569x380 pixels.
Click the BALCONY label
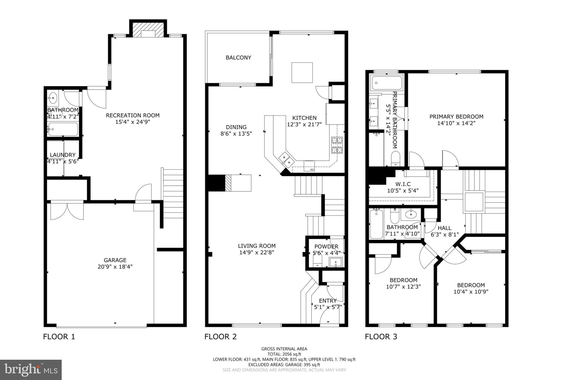(238, 58)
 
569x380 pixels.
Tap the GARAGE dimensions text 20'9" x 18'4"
(115, 267)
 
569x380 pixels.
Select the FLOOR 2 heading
(220, 337)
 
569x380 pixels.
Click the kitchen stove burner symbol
(337, 145)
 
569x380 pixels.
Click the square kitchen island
(302, 73)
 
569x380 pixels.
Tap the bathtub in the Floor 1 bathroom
(63, 129)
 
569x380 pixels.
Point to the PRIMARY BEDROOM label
(456, 117)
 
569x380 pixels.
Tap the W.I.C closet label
(403, 184)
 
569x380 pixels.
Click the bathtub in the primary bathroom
(386, 83)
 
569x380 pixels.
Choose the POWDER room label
(326, 247)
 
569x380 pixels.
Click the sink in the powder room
(336, 262)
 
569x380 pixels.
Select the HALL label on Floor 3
(445, 228)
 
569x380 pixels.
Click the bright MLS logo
(31, 370)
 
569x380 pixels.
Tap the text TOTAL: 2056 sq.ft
(284, 354)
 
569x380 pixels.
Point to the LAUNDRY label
(63, 155)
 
